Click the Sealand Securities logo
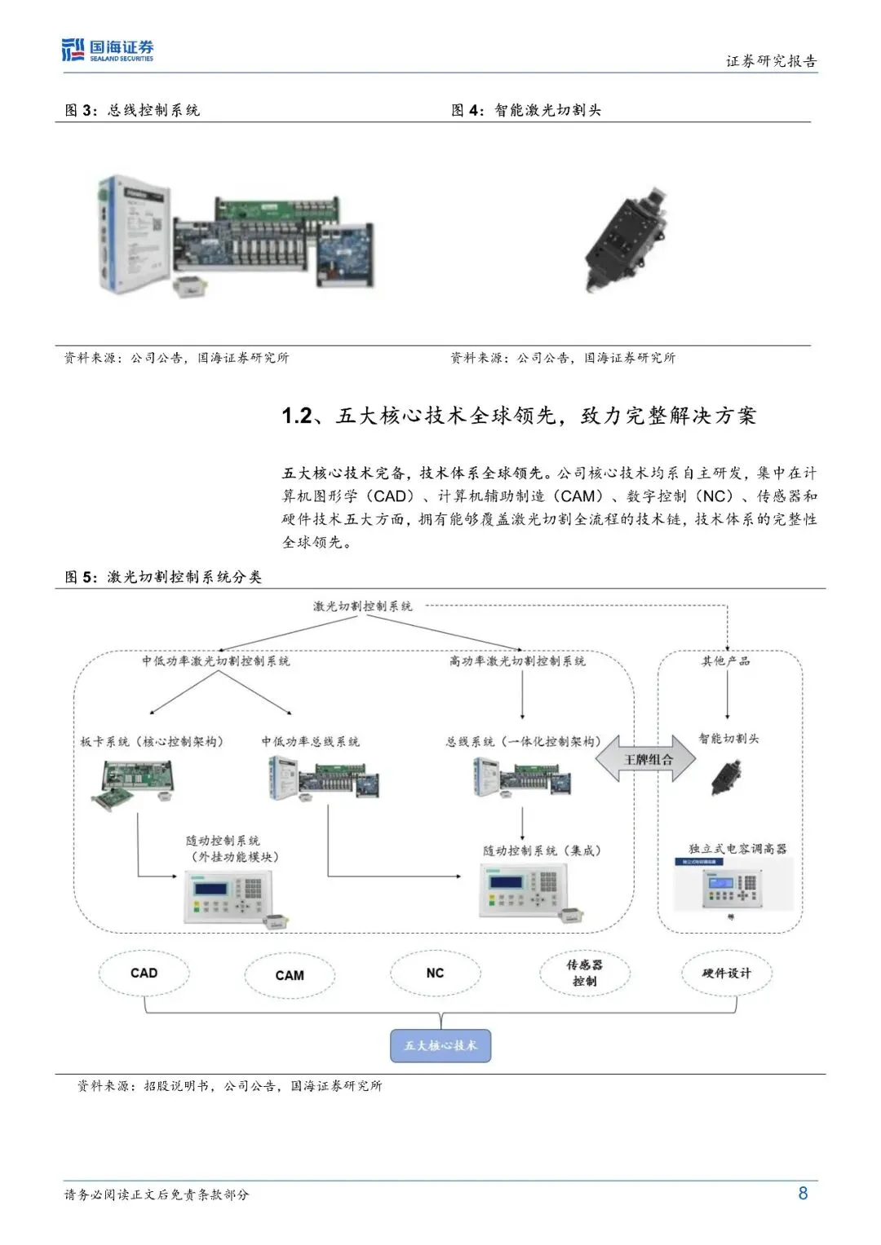click(108, 50)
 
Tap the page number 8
click(803, 1193)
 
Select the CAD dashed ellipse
click(144, 973)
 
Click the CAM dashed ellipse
click(290, 975)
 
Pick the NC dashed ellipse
click(435, 973)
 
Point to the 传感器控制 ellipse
click(584, 973)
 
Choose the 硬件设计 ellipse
click(726, 973)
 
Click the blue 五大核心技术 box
click(440, 1045)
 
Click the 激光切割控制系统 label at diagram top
click(363, 606)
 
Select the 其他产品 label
click(726, 660)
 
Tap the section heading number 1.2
click(297, 416)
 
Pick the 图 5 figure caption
click(163, 576)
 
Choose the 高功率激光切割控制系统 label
click(517, 660)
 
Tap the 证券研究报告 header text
click(771, 61)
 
